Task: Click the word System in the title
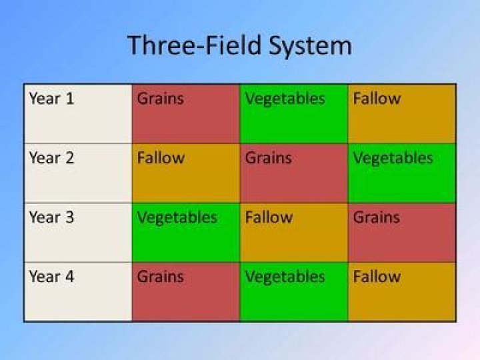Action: coord(310,46)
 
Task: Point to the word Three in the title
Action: coord(157,46)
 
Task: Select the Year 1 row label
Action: coord(52,99)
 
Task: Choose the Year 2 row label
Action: coord(52,159)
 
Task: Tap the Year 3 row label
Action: coord(52,218)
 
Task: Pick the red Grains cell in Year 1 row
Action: coord(185,113)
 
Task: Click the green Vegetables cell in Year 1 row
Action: coord(293,113)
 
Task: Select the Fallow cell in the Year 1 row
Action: coord(401,113)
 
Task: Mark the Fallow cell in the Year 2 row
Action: coord(185,173)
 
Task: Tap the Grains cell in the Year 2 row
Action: coord(293,173)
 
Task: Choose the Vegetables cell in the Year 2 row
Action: coord(401,173)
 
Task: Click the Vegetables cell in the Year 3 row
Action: coord(185,232)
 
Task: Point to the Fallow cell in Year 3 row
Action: coord(293,232)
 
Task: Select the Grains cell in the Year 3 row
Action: coord(401,232)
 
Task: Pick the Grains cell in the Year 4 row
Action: coord(185,291)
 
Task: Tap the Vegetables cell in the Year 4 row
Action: coord(293,291)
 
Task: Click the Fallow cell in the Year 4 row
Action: coord(401,291)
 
